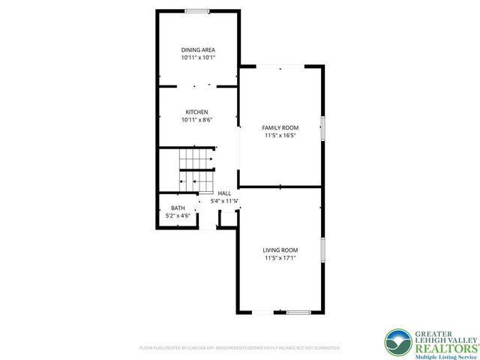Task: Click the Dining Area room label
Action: point(198,49)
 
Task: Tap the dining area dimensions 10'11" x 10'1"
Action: point(198,57)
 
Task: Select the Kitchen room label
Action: point(197,112)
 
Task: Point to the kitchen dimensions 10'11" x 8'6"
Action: point(197,120)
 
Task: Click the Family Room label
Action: point(280,127)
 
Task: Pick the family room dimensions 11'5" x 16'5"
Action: point(280,136)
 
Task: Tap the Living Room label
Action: point(280,250)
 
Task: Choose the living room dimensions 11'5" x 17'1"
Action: point(280,258)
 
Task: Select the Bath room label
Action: point(178,208)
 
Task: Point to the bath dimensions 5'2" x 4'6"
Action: point(178,216)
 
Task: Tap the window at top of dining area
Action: point(198,10)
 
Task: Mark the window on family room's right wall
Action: point(323,127)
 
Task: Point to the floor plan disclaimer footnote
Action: point(240,348)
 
